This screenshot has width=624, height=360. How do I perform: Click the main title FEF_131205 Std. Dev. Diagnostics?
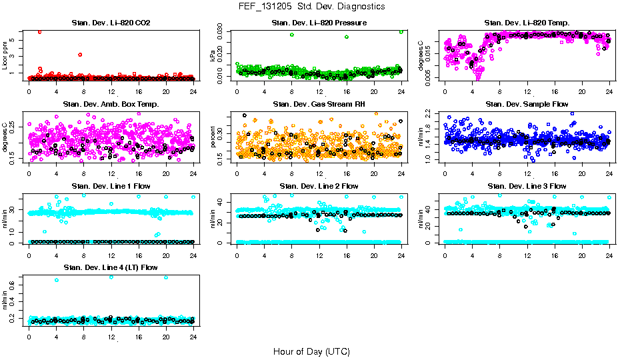(311, 7)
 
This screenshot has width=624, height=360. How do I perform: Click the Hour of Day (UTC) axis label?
(311, 351)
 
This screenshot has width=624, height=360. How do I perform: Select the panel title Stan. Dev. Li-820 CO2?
(111, 23)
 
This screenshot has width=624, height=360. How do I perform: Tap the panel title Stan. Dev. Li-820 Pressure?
(319, 23)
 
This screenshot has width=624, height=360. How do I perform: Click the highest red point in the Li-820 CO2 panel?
(40, 31)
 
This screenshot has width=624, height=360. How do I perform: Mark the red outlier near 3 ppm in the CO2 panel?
(80, 55)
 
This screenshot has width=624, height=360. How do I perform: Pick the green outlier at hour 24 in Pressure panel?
(401, 31)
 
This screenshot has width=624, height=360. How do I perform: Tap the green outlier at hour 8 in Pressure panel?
(292, 35)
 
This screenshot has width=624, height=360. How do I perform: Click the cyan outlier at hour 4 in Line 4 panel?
(57, 280)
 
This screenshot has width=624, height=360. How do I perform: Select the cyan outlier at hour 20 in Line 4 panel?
(166, 277)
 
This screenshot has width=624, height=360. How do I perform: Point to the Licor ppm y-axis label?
(5, 55)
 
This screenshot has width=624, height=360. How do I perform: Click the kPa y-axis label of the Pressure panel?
(213, 55)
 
